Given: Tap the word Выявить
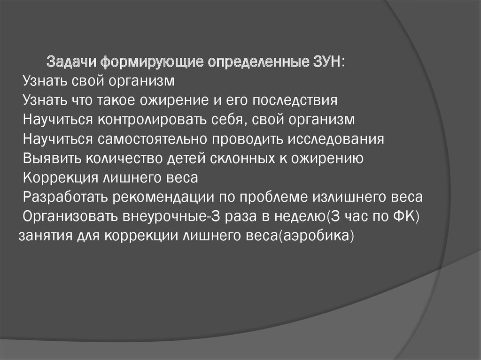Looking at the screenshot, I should click(52, 159).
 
